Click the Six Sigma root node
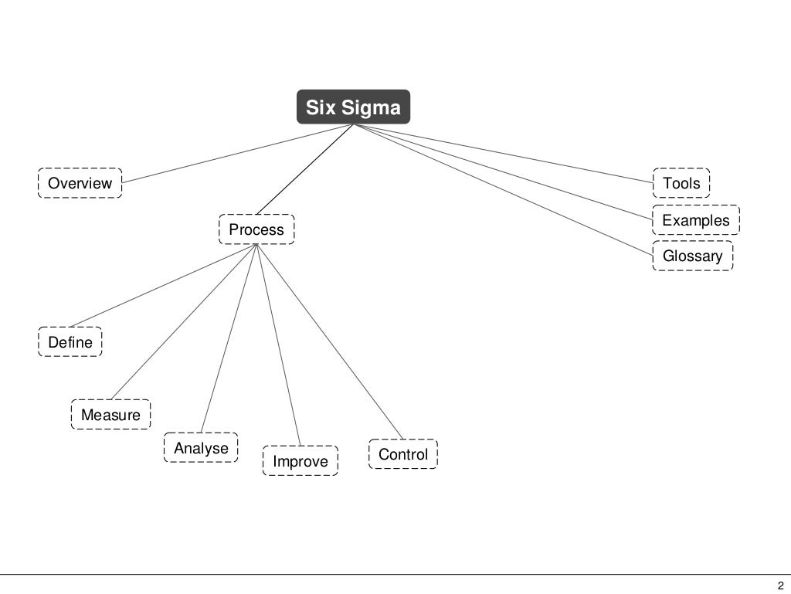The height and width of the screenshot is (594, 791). click(x=353, y=107)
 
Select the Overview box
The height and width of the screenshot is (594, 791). click(x=80, y=183)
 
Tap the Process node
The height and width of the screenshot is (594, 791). click(x=256, y=229)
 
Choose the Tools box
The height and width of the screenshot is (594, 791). click(x=681, y=183)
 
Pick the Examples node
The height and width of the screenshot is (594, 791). click(x=695, y=220)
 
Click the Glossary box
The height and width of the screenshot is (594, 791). click(x=692, y=256)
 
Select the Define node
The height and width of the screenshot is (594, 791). click(x=70, y=342)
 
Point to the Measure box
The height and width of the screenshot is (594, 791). click(x=110, y=415)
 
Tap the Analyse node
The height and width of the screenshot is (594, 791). click(x=201, y=448)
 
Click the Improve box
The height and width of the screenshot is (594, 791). click(x=300, y=461)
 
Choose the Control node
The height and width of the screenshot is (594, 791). click(x=402, y=454)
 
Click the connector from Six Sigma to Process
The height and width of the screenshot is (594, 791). click(x=304, y=169)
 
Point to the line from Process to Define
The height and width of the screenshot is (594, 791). click(x=162, y=286)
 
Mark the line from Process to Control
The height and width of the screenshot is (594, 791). click(x=328, y=341)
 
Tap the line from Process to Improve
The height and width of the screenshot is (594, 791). click(x=278, y=345)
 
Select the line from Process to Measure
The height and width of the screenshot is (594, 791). click(x=184, y=322)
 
